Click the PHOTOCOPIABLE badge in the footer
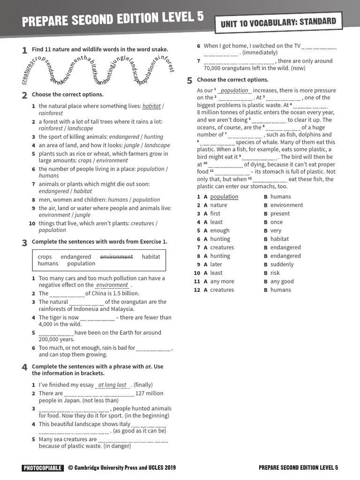(42, 467)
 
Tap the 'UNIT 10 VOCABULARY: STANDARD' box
(276, 22)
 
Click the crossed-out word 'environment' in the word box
(116, 257)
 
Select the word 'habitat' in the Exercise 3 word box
(151, 257)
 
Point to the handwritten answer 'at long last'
(112, 385)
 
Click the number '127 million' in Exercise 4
(149, 393)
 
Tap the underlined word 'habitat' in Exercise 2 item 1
(151, 106)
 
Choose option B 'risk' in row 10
(275, 273)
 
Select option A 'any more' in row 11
(222, 281)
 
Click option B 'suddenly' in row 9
(282, 264)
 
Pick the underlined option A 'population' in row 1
(224, 197)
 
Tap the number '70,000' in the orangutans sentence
(213, 68)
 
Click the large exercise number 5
(189, 81)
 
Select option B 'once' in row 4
(277, 222)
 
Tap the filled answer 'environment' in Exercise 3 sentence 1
(112, 285)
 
